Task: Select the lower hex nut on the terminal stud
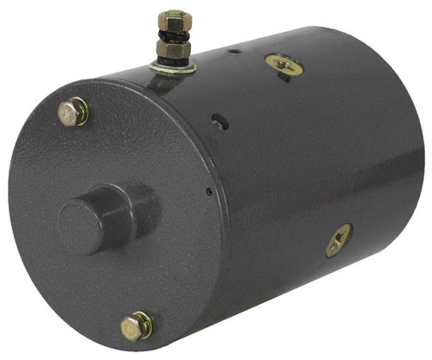173,50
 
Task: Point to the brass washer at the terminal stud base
171,66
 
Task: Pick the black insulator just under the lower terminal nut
172,59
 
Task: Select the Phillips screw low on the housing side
338,240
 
